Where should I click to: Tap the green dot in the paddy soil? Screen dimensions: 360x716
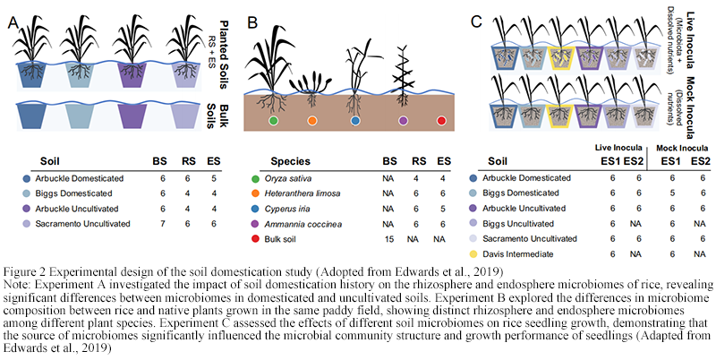275,120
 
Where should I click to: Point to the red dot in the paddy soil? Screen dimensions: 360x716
440,120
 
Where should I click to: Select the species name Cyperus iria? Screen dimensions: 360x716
287,209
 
